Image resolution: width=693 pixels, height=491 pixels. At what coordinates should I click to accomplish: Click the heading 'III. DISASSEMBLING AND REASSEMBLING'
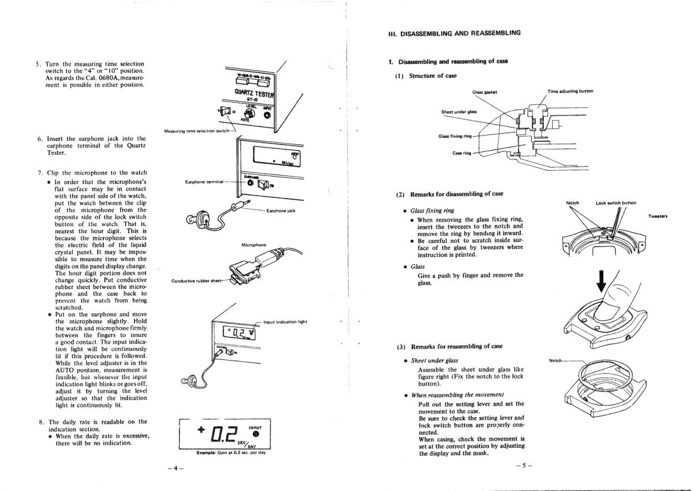(x=454, y=33)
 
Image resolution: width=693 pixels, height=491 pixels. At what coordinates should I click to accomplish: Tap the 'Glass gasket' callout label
(x=485, y=92)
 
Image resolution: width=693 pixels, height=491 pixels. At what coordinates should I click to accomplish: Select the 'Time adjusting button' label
(x=570, y=91)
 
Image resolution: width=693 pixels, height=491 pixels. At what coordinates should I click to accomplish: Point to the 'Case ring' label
(x=462, y=153)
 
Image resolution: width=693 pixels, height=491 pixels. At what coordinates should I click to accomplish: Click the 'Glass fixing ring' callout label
(x=455, y=136)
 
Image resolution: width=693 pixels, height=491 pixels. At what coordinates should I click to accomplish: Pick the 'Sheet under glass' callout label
(x=459, y=112)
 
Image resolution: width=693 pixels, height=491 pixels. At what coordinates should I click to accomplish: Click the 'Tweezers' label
(x=657, y=216)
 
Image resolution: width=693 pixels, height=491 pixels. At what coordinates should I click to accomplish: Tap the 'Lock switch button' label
(x=616, y=203)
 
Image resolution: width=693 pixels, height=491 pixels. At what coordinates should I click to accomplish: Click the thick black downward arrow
(x=601, y=281)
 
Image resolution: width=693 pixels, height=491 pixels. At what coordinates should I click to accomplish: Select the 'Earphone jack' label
(x=281, y=211)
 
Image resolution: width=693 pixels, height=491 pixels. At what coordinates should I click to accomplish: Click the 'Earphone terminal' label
(x=204, y=182)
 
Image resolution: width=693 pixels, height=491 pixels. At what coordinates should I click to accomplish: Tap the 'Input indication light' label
(x=285, y=322)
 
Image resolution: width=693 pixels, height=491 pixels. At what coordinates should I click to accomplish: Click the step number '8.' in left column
(x=42, y=422)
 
